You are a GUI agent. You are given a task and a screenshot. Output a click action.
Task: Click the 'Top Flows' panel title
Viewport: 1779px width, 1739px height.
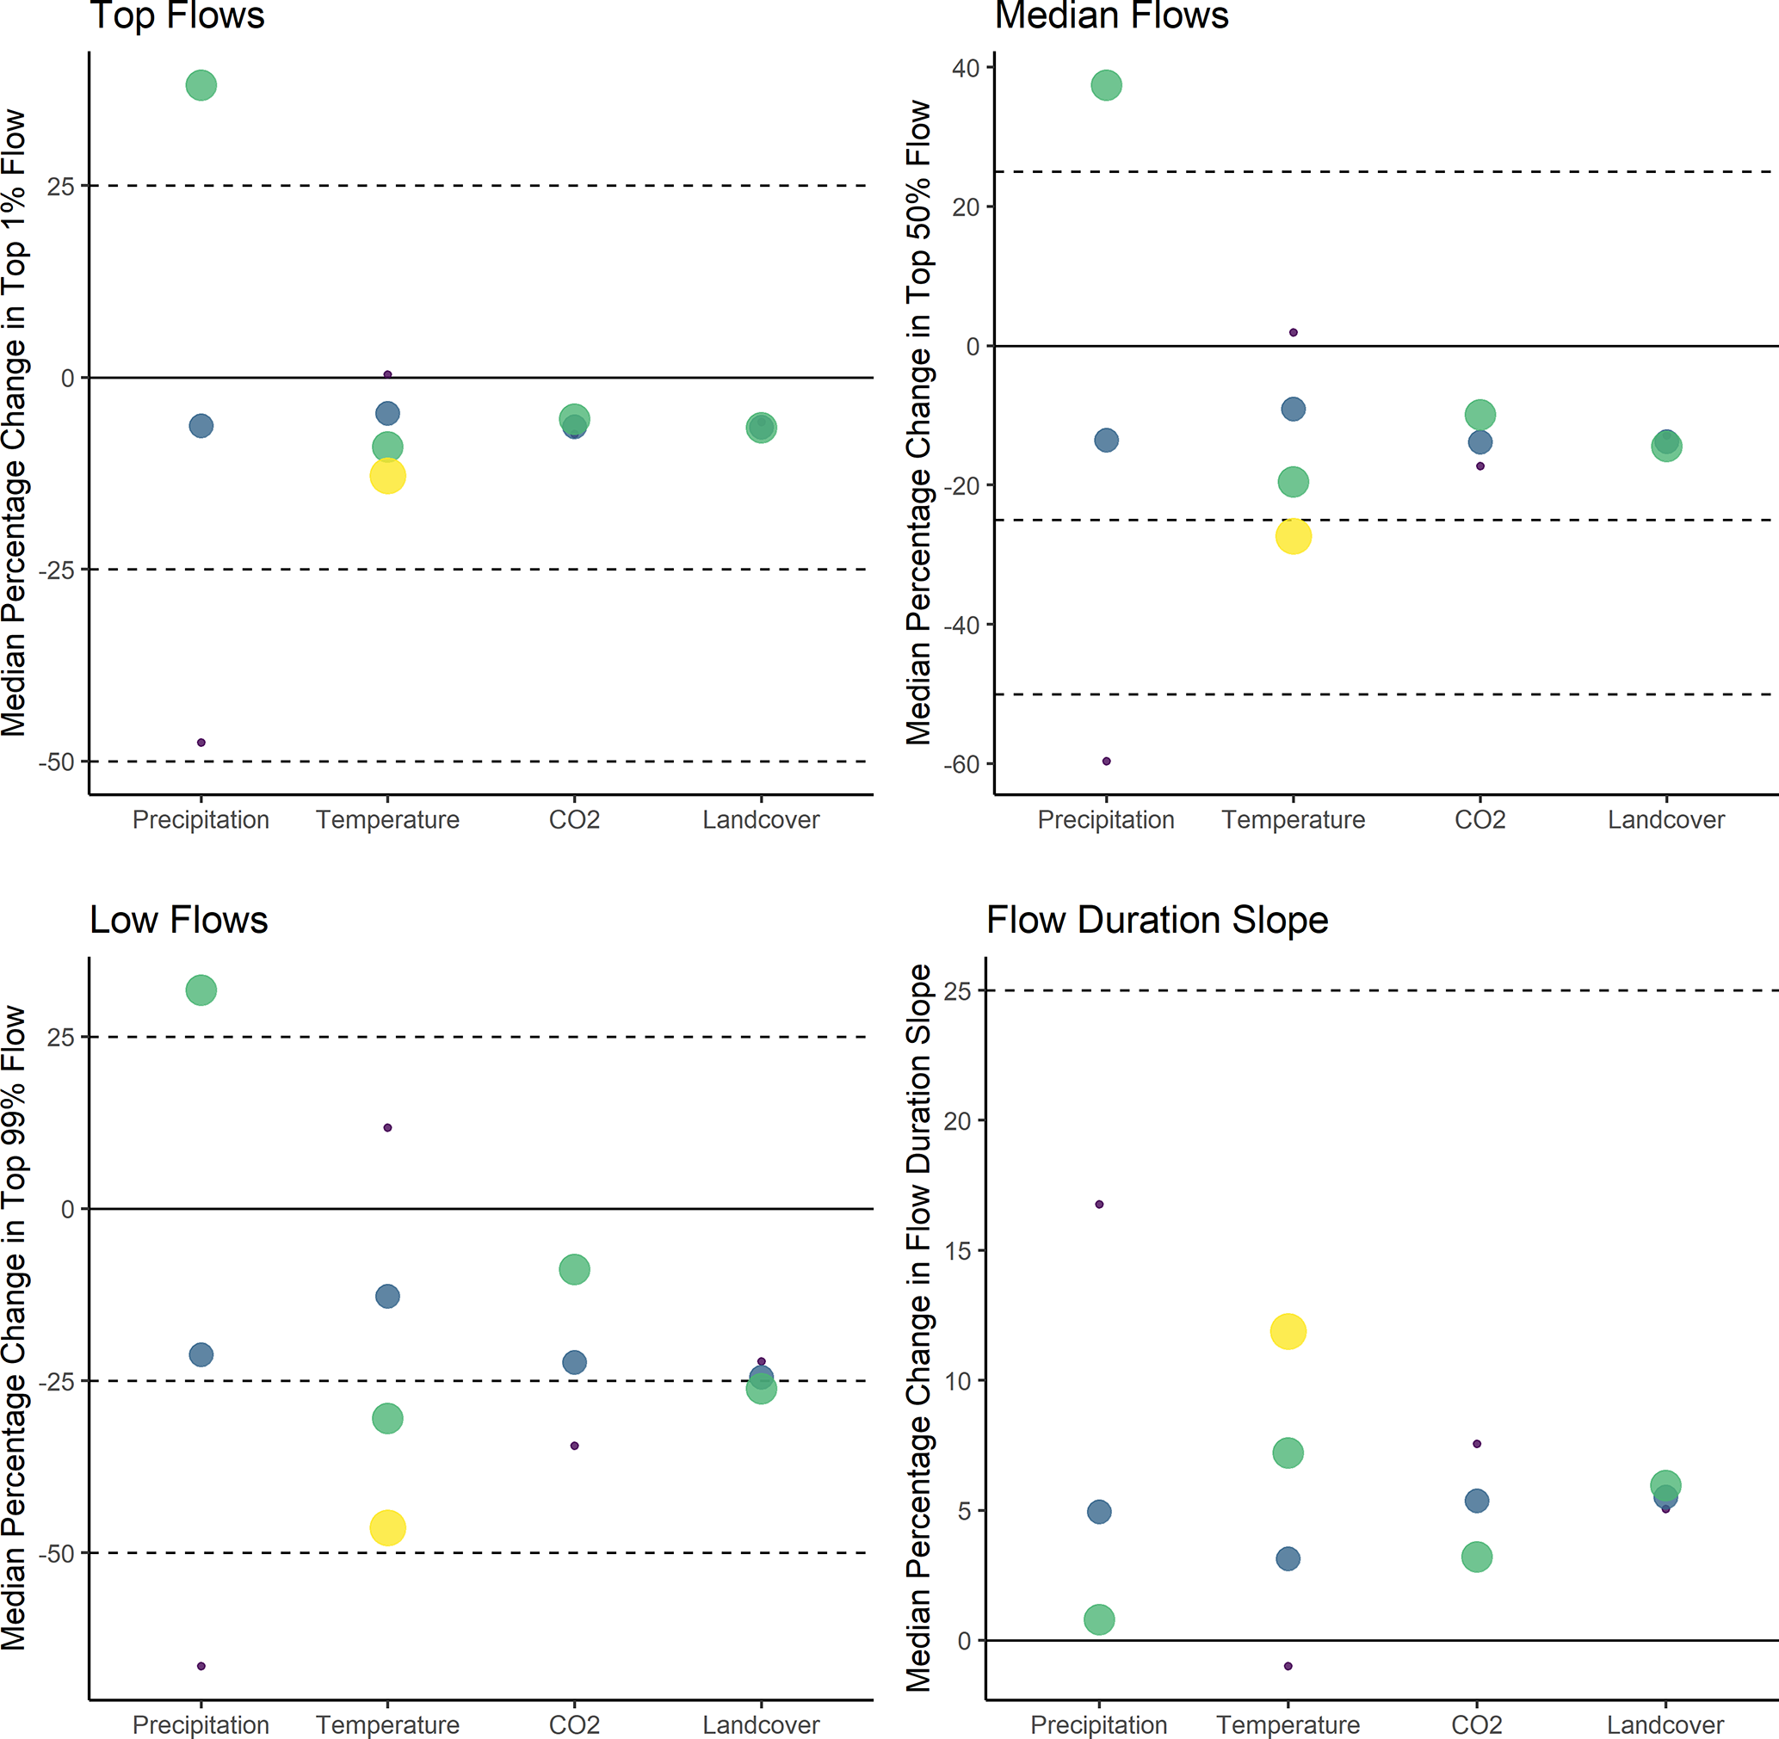coord(177,15)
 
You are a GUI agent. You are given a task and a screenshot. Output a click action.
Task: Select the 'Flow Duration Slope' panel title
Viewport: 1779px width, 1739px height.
coord(1157,920)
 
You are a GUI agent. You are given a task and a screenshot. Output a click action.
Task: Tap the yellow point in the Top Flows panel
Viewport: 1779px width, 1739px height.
coord(387,476)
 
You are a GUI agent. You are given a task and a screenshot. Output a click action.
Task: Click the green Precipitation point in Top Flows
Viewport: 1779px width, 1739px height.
coord(201,86)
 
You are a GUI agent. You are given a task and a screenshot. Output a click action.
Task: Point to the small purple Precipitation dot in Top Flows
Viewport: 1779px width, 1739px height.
coord(201,743)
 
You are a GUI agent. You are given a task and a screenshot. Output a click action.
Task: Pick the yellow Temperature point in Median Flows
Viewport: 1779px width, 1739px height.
coord(1293,536)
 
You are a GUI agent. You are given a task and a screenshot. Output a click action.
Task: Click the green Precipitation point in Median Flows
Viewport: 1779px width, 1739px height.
coord(1106,86)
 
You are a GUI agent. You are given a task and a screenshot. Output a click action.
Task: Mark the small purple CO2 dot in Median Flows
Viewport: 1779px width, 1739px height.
coord(1480,466)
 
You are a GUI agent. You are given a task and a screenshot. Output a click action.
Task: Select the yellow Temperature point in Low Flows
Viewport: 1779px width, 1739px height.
coord(387,1527)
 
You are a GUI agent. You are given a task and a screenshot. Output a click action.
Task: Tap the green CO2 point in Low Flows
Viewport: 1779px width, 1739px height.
coord(574,1268)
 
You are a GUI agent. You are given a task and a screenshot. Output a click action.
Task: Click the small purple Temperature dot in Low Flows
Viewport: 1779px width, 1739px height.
coord(387,1128)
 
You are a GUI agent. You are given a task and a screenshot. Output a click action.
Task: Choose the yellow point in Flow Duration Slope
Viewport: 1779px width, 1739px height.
coord(1288,1332)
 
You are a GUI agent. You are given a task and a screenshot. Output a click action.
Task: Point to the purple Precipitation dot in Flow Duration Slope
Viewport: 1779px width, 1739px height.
coord(1099,1205)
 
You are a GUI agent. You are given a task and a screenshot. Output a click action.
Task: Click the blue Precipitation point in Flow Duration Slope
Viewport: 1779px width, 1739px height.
coord(1099,1512)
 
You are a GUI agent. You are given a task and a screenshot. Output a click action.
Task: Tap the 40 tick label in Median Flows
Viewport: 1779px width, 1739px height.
coord(965,69)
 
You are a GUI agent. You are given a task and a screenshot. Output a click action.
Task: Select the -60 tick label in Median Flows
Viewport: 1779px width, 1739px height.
coord(961,764)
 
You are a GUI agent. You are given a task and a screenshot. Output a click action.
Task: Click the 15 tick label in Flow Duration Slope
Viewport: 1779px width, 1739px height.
coord(958,1251)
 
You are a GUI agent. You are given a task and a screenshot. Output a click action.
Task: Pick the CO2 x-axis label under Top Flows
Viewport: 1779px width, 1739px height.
coord(574,820)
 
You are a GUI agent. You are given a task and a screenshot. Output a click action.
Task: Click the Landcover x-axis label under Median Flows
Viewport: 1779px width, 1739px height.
coord(1665,820)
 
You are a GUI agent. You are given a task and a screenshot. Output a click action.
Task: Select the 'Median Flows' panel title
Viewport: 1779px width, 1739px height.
coord(1111,15)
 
